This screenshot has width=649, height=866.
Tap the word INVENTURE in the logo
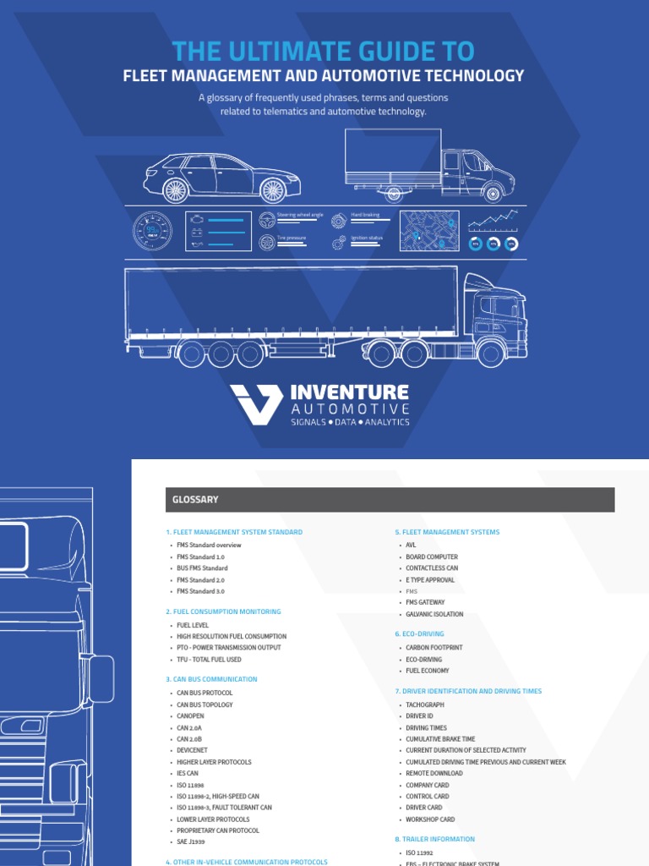click(x=349, y=392)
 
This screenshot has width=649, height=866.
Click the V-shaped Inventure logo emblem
click(x=256, y=403)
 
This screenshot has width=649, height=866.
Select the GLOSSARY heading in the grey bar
click(x=196, y=500)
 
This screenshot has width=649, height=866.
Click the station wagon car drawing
click(x=221, y=177)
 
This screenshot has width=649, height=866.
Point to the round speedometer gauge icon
click(x=152, y=230)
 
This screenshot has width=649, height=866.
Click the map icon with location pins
click(x=430, y=231)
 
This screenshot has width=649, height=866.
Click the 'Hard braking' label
click(x=365, y=216)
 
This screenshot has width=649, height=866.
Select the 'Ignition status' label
click(x=367, y=238)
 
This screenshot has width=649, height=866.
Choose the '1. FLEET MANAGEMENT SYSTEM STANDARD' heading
click(x=234, y=532)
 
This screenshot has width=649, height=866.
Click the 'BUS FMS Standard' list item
click(x=202, y=568)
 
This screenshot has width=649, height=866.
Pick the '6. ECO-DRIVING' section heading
click(x=419, y=633)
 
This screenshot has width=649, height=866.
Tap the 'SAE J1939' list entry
click(x=192, y=842)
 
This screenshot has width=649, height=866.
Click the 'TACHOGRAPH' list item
click(x=424, y=704)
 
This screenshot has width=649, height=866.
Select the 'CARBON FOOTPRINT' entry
click(x=434, y=648)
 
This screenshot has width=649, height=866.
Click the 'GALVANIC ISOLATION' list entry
click(x=434, y=615)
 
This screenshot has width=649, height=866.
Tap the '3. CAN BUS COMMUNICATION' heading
click(x=211, y=679)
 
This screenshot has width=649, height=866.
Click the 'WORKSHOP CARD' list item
click(x=430, y=819)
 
